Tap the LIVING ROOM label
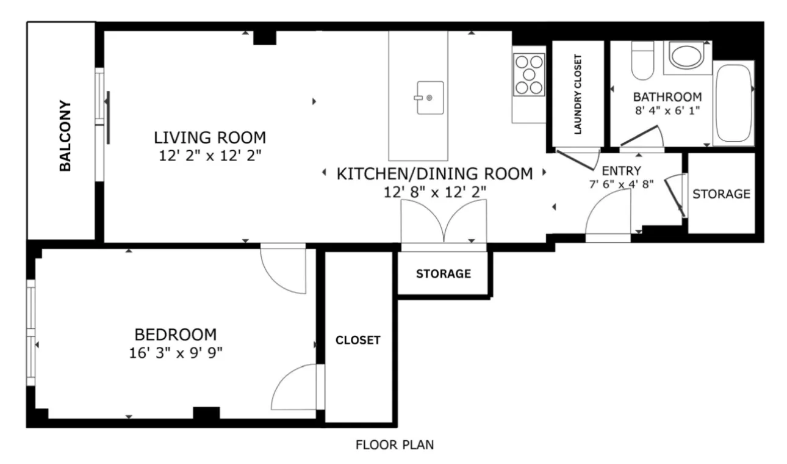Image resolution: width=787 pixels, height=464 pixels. pos(210,137)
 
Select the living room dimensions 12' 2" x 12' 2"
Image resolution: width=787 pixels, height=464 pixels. pos(210,156)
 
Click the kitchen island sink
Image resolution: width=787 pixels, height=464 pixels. pos(429,98)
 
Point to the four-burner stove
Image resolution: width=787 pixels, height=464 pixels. pos(528,74)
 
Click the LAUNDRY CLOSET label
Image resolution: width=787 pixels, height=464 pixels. pos(578,95)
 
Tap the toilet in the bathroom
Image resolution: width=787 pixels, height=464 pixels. pos(642,60)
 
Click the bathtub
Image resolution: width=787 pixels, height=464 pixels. pos(734,103)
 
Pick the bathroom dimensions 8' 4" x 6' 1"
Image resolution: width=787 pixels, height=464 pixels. pos(667,112)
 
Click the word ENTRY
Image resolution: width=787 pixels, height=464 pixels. pos(621,170)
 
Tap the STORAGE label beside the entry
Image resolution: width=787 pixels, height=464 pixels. pos(721,194)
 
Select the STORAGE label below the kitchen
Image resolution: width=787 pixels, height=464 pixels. pos(443,274)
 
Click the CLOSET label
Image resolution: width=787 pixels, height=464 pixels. pos(358,340)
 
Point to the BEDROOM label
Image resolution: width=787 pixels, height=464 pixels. pos(175,335)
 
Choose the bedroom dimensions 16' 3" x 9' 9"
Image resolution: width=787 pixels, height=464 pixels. pos(175,353)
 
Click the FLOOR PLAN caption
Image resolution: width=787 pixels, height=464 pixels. pos(395,445)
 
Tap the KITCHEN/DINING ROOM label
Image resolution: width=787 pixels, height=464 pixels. pos(434,174)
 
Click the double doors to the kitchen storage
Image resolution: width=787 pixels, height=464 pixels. pos(444,223)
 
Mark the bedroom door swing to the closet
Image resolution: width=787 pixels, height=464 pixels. pos(296,388)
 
